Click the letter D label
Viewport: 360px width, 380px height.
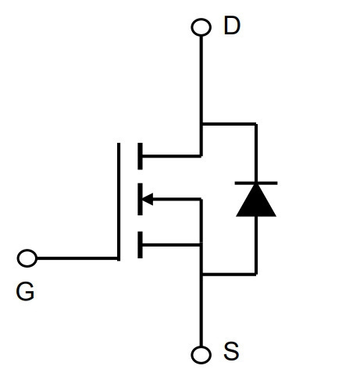click(232, 26)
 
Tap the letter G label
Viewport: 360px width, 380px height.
click(25, 291)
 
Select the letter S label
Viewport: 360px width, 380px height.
click(231, 351)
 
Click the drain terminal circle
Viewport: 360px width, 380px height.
click(201, 27)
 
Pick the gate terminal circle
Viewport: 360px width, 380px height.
click(27, 258)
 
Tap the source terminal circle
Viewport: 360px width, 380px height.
click(201, 355)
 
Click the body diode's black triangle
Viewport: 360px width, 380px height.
click(256, 201)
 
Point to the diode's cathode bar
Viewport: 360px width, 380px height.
click(256, 183)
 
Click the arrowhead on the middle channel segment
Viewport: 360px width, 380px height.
click(148, 199)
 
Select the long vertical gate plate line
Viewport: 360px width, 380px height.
click(119, 201)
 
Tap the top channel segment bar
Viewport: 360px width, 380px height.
click(140, 156)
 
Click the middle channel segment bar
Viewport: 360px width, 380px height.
click(140, 199)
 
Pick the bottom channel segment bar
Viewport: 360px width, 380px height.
click(140, 245)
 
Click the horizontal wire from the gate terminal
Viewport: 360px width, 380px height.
click(77, 258)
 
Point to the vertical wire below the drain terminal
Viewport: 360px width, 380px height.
click(201, 96)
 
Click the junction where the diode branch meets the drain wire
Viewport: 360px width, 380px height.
click(201, 124)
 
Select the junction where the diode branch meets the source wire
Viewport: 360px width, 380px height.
click(201, 274)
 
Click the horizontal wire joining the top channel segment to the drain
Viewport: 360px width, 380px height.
click(172, 156)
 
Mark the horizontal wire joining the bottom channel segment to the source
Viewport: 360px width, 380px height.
click(171, 245)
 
